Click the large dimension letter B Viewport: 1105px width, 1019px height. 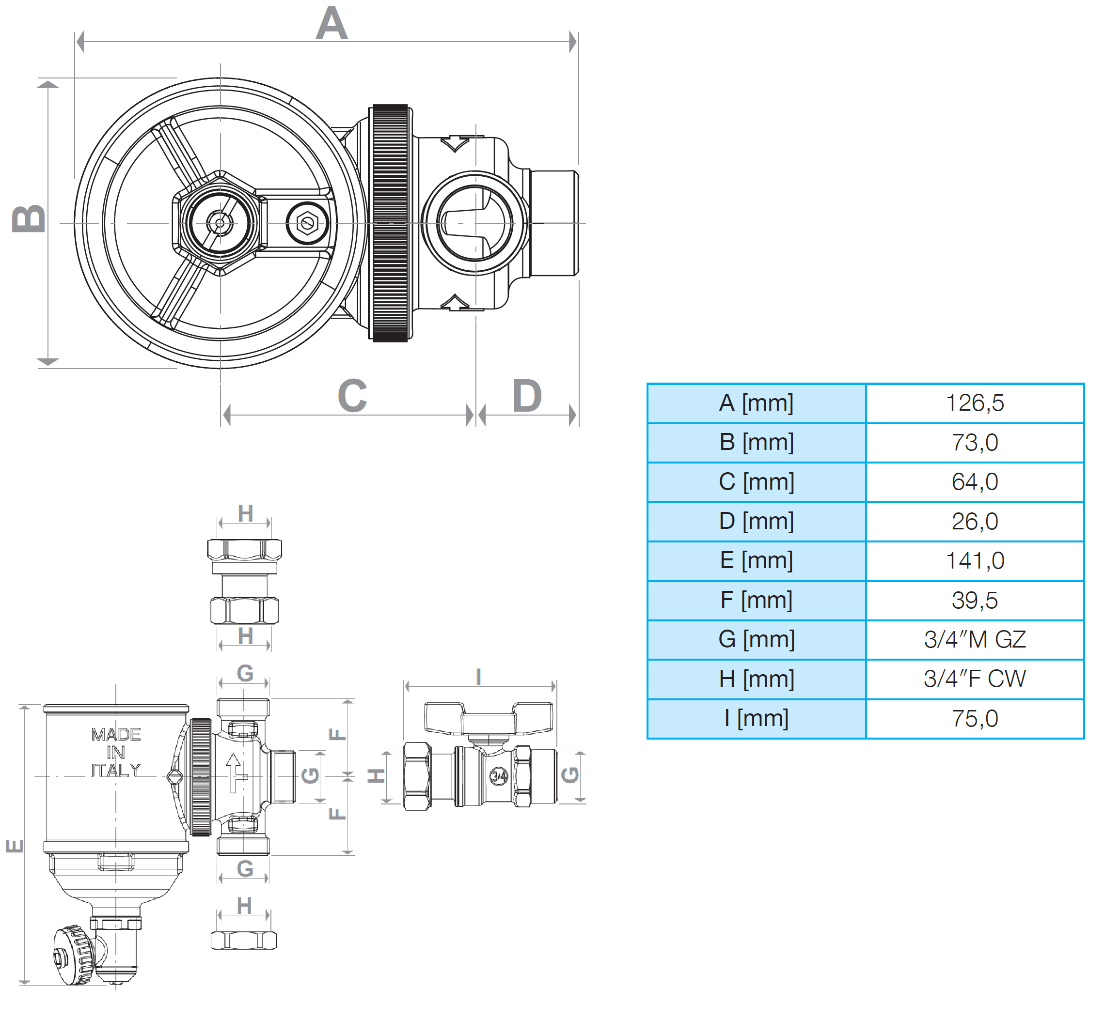(29, 218)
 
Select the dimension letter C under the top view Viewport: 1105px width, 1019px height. (352, 395)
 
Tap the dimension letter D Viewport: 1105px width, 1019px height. (527, 395)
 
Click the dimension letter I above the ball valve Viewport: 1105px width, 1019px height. (478, 676)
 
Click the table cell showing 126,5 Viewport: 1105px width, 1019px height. (974, 403)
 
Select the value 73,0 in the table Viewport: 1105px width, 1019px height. (974, 442)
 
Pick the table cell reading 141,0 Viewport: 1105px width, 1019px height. (974, 561)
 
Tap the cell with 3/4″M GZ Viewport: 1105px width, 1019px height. (974, 640)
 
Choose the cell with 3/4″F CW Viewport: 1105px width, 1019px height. (974, 679)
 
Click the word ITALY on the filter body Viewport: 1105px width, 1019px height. (116, 770)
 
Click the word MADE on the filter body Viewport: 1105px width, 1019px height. (116, 735)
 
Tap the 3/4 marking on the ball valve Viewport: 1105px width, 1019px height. (499, 776)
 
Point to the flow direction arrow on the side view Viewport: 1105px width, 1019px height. (235, 772)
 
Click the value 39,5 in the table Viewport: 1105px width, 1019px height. (974, 600)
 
